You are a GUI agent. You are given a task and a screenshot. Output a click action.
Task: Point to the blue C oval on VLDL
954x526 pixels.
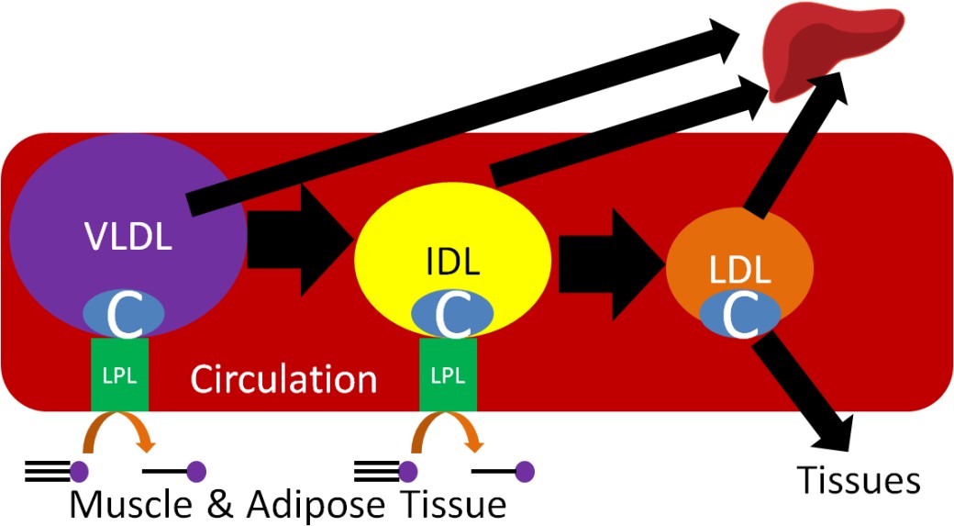pos(124,314)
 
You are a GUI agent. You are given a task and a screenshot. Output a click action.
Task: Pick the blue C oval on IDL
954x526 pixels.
pos(451,314)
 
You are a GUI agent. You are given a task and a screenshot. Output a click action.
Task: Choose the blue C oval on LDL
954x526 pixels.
pos(740,313)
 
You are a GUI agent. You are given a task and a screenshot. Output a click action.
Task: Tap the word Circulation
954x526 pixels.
pos(283,379)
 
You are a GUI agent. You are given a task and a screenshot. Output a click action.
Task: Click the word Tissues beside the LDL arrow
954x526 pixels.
pos(858,479)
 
